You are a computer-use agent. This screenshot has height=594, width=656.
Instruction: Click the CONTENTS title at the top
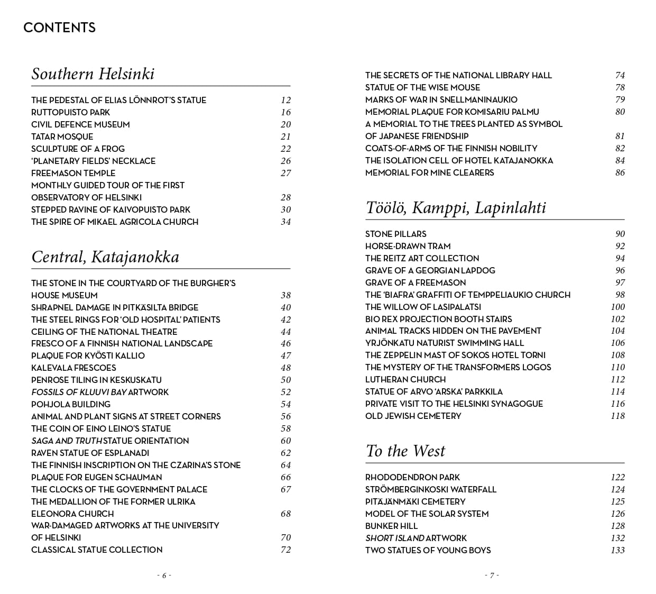(x=59, y=28)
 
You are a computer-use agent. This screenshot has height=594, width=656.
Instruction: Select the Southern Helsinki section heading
(x=93, y=74)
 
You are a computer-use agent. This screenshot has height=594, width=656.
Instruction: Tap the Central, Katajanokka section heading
(x=105, y=257)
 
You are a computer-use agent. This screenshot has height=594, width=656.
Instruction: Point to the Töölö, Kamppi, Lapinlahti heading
(x=456, y=207)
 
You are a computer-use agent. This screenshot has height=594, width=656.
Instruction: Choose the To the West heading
(x=405, y=451)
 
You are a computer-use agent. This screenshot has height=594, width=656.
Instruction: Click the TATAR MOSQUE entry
(x=62, y=136)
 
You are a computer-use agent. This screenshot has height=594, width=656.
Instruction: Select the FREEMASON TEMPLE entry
(x=73, y=173)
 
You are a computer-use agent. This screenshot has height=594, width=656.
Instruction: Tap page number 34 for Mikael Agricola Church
(x=285, y=222)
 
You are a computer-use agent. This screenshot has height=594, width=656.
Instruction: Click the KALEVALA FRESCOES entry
(x=73, y=368)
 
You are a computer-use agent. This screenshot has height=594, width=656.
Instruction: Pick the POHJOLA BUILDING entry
(x=71, y=404)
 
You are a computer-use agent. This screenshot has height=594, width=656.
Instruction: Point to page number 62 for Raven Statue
(x=285, y=453)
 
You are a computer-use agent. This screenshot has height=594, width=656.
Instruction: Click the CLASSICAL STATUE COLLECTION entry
(x=97, y=550)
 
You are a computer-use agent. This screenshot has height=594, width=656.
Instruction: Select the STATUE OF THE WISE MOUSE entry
(x=422, y=87)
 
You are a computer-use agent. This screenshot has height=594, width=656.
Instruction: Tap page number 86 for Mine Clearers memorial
(x=620, y=172)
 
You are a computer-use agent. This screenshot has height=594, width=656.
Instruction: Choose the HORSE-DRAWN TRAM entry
(x=408, y=246)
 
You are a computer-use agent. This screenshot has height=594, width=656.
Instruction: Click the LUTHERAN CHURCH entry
(x=405, y=379)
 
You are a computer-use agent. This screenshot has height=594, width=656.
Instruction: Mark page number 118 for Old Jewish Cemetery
(x=617, y=416)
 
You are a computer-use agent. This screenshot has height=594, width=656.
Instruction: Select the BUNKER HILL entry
(x=391, y=526)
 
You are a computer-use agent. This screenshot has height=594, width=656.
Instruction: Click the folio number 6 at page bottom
(x=164, y=575)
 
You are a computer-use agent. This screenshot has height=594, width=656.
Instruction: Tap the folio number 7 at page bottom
(x=492, y=575)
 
